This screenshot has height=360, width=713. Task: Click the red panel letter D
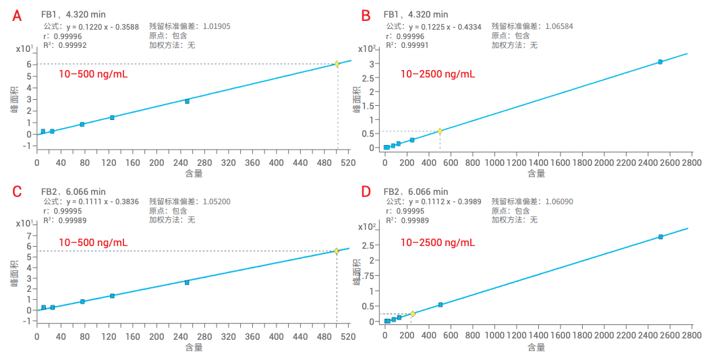[x=367, y=191]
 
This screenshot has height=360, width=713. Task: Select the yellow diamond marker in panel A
[x=337, y=64]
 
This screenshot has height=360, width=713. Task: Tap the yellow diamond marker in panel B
[x=440, y=131]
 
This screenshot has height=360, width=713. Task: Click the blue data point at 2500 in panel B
[x=660, y=62]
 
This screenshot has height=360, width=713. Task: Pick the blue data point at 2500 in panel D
[x=660, y=237]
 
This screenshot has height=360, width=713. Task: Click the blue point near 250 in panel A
[x=187, y=101]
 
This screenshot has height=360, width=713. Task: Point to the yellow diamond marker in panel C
[x=337, y=251]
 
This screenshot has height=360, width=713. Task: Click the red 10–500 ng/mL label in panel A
[x=92, y=73]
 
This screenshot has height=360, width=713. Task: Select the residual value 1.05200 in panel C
[x=212, y=201]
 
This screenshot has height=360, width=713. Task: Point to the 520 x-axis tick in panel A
[x=347, y=162]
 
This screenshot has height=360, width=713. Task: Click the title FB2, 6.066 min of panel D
[x=415, y=191]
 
